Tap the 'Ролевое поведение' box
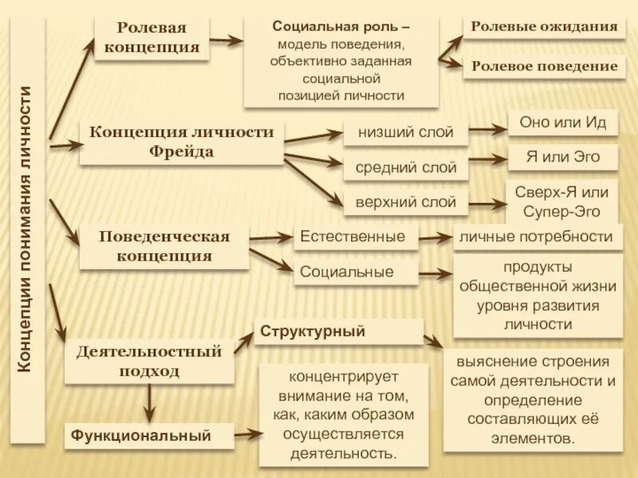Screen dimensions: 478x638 tap(544, 67)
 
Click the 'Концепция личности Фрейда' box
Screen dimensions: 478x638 tap(182, 142)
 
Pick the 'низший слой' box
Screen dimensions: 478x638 tap(405, 132)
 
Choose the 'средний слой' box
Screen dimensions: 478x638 tap(405, 168)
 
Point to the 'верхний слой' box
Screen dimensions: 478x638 tap(405, 202)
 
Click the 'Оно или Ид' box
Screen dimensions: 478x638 tap(563, 123)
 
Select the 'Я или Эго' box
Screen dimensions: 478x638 tap(563, 157)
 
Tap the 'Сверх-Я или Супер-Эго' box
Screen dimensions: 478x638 tap(563, 202)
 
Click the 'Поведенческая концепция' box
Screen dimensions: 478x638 tap(164, 246)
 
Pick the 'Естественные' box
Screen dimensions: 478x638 tap(356, 237)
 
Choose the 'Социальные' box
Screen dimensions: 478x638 tap(356, 272)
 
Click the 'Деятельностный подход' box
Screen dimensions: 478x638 tap(149, 361)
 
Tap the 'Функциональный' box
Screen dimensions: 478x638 tap(149, 436)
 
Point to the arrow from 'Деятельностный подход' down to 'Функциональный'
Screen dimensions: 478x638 tap(149, 404)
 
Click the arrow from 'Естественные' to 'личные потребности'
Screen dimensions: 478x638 tap(436, 237)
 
